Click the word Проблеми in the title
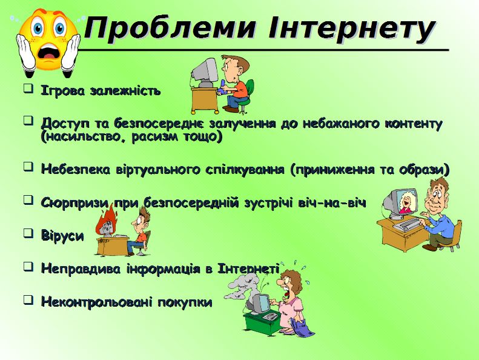(x=170, y=28)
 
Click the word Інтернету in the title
(x=351, y=28)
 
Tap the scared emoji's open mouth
(x=49, y=53)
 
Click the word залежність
(x=125, y=91)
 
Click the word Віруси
(x=62, y=236)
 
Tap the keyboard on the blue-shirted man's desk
(x=406, y=224)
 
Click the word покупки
(x=185, y=302)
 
